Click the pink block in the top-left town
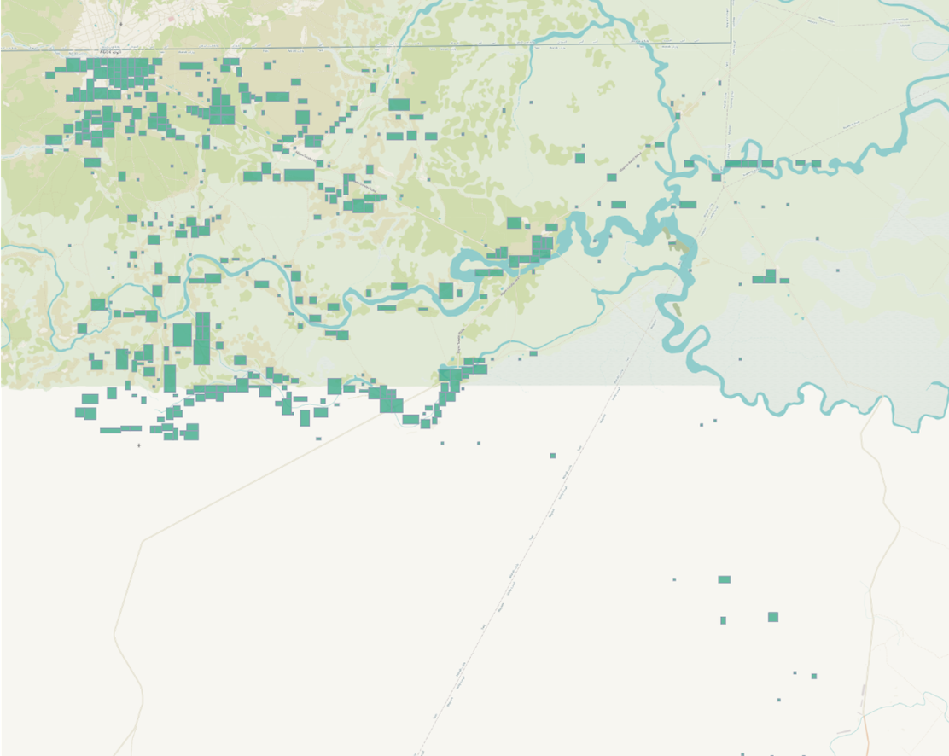click(x=172, y=18)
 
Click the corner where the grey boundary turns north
click(x=731, y=42)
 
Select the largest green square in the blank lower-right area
click(x=773, y=617)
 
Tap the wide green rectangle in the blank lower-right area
click(x=724, y=579)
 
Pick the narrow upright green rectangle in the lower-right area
click(x=723, y=620)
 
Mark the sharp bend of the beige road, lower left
click(x=143, y=539)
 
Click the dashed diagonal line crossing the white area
click(x=512, y=580)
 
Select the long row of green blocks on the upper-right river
click(x=749, y=164)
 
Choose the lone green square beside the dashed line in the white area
click(x=553, y=456)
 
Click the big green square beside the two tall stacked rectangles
click(x=183, y=334)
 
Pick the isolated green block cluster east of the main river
click(x=769, y=277)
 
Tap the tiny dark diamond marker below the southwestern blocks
click(x=139, y=445)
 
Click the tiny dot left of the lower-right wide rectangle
click(x=674, y=579)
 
